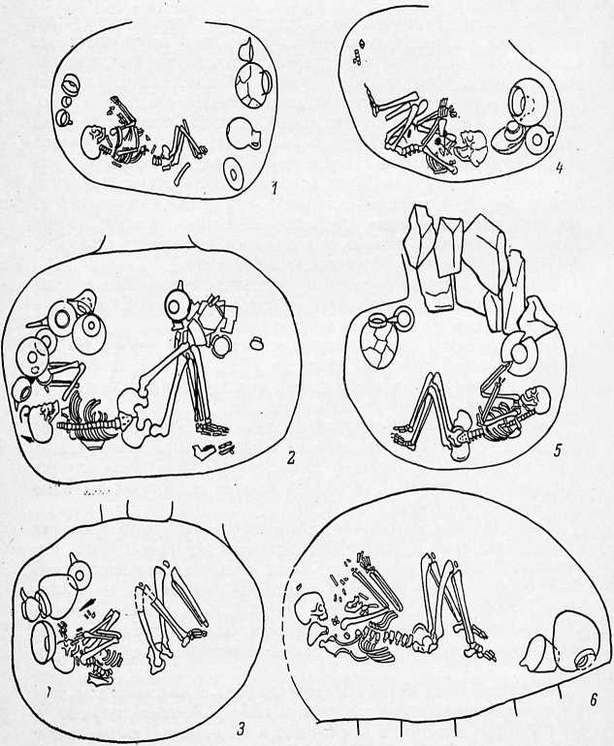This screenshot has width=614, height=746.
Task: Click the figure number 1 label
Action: pyautogui.click(x=274, y=189)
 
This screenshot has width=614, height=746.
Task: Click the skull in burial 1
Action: pyautogui.click(x=93, y=140)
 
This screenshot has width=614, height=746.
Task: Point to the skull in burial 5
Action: pyautogui.click(x=537, y=399)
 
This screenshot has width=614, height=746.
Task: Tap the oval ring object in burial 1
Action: pyautogui.click(x=233, y=174)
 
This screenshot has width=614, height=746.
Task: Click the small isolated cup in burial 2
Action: pyautogui.click(x=257, y=343)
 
